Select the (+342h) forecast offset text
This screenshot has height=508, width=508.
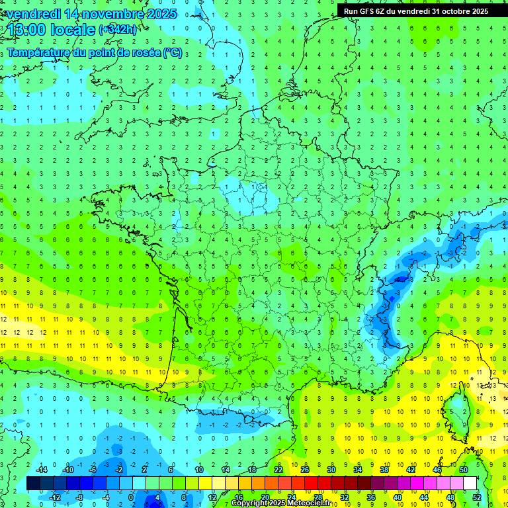pyautogui.click(x=118, y=30)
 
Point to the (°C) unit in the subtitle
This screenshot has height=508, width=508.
pyautogui.click(x=173, y=53)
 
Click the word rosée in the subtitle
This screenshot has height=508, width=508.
pyautogui.click(x=141, y=53)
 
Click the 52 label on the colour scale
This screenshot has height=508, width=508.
pyautogui.click(x=476, y=497)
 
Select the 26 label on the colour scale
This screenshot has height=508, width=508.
pyautogui.click(x=305, y=470)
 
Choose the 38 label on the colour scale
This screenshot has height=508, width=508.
pyautogui.click(x=384, y=470)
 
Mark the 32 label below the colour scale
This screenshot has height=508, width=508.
pyautogui.click(x=344, y=497)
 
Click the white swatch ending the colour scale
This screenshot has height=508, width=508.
pyautogui.click(x=470, y=484)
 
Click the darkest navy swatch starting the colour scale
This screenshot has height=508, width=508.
pyautogui.click(x=33, y=484)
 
